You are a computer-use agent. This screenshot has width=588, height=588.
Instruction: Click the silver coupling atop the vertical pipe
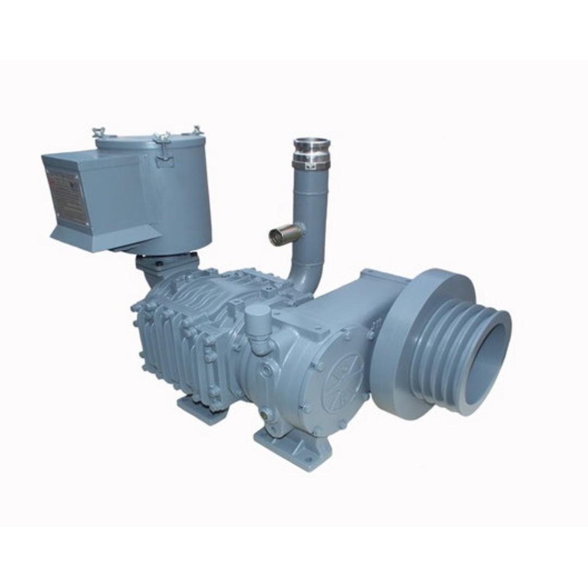click(x=311, y=146)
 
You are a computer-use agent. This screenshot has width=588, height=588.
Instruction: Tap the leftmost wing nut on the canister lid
click(x=100, y=132)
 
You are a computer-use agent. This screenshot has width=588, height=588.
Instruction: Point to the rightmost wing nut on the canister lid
click(x=197, y=130)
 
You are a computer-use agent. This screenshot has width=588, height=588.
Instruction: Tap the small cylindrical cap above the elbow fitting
click(x=258, y=315)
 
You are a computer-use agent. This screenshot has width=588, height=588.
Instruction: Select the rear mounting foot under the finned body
click(x=196, y=406)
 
